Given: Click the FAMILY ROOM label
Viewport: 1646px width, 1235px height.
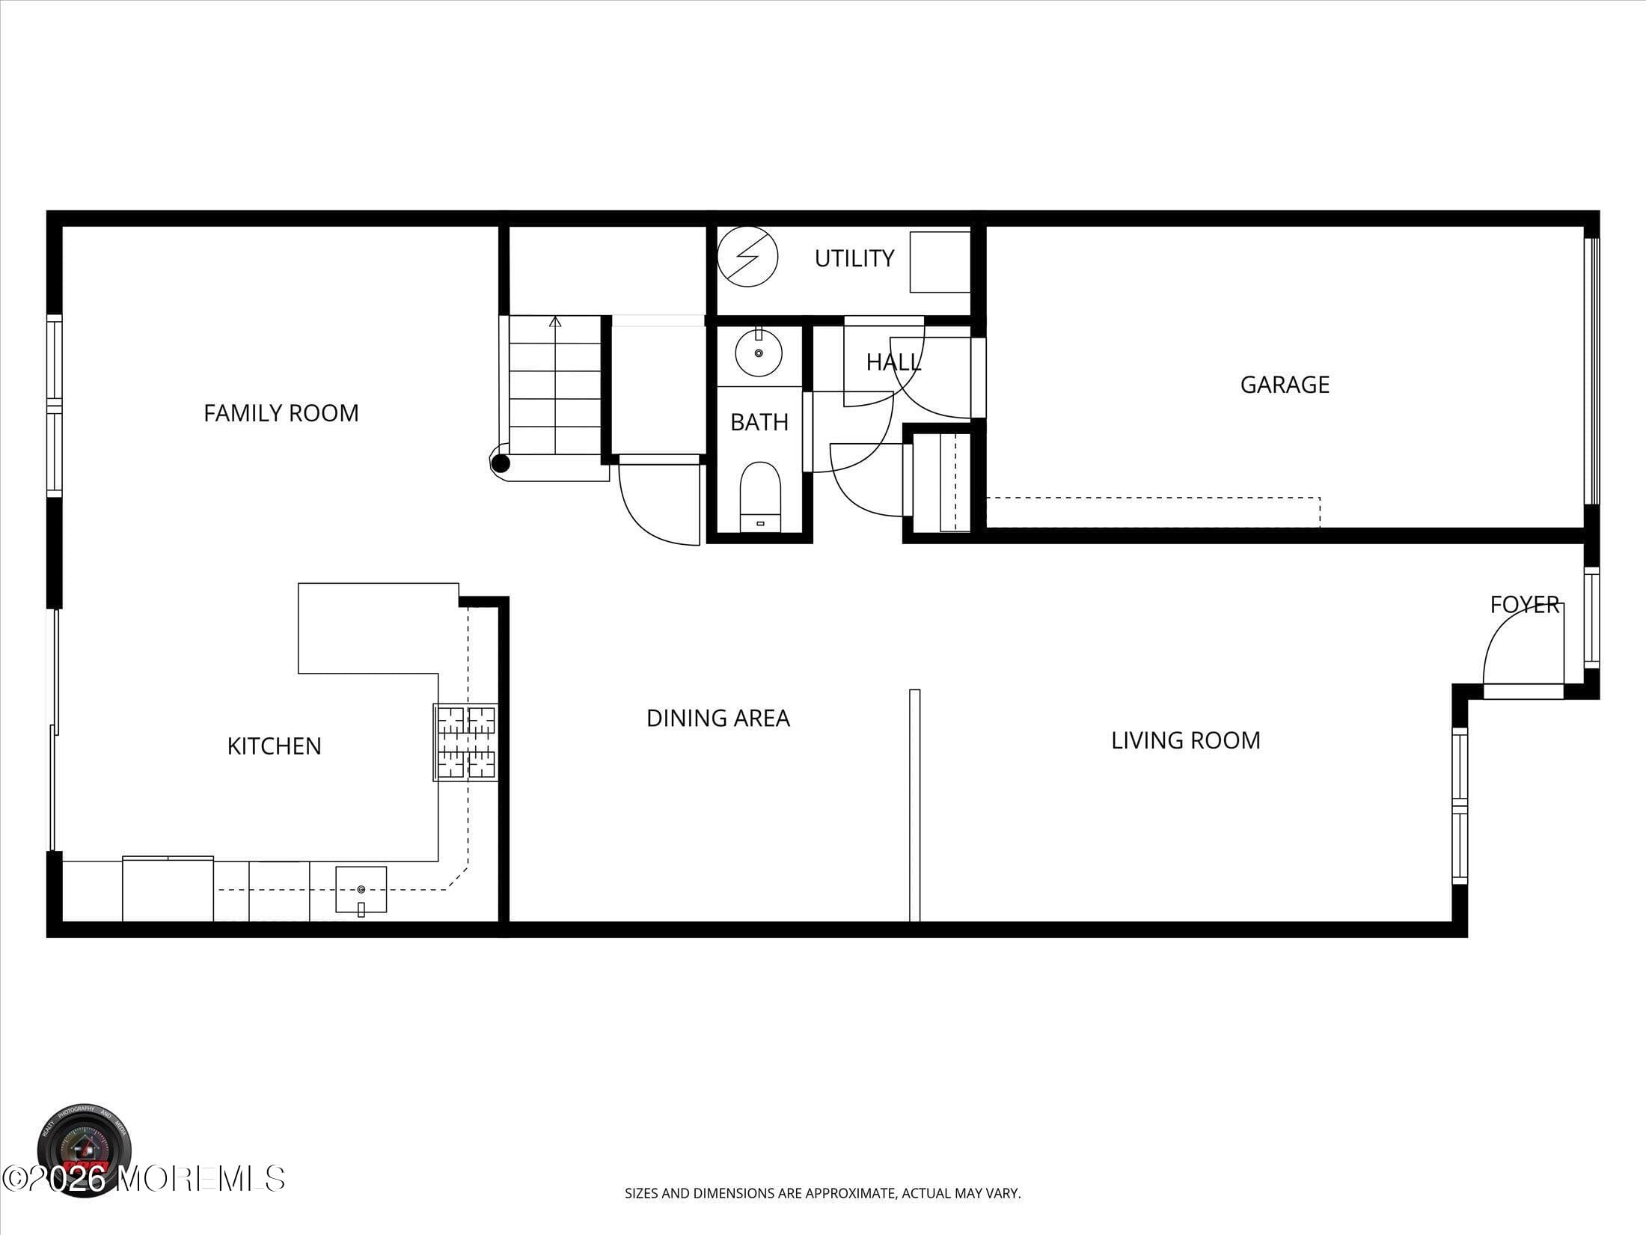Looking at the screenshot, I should point(281,413).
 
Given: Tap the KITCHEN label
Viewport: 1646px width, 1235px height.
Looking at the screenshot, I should point(274,746).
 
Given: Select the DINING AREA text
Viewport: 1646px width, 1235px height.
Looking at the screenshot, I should point(718,719).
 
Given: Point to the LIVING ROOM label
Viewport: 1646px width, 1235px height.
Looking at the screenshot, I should point(1185,741).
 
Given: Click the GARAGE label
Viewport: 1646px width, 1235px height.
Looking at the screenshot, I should point(1285,385).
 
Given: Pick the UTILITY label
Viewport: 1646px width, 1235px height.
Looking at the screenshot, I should point(854,258).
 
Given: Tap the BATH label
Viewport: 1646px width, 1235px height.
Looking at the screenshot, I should point(759,422).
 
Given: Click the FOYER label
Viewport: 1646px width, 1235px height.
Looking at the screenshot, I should point(1524,604).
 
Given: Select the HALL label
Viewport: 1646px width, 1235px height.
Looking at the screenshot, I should point(893,362).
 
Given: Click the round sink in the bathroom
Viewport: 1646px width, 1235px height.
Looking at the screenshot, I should point(758,353).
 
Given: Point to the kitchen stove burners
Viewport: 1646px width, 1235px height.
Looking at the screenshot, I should point(465,742).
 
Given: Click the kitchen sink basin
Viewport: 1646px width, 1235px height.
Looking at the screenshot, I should point(361,889).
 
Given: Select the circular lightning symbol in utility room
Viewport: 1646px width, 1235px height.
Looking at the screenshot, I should point(747,257).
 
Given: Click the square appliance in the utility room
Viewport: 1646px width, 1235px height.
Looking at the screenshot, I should point(939,262).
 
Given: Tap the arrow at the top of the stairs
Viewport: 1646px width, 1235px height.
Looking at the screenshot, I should point(555,323).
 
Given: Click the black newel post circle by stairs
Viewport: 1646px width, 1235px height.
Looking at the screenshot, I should point(501,464).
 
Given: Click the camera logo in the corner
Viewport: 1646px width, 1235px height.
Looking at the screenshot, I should point(85,1150).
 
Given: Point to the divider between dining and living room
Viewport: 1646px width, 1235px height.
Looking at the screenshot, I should point(914,805).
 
